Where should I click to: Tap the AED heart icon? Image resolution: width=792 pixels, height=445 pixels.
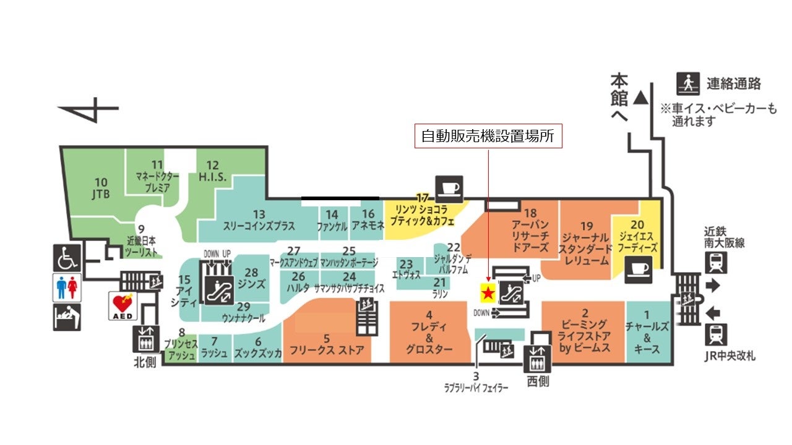(x=122, y=305)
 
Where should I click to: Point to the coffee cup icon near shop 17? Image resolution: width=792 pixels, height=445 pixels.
(x=449, y=187)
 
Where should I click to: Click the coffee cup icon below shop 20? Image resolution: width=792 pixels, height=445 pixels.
(x=638, y=269)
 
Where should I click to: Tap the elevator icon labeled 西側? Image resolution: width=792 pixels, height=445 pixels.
(x=536, y=359)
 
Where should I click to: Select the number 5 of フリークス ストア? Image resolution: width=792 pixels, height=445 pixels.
(x=327, y=338)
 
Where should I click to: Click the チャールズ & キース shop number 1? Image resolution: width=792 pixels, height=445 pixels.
(x=647, y=313)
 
